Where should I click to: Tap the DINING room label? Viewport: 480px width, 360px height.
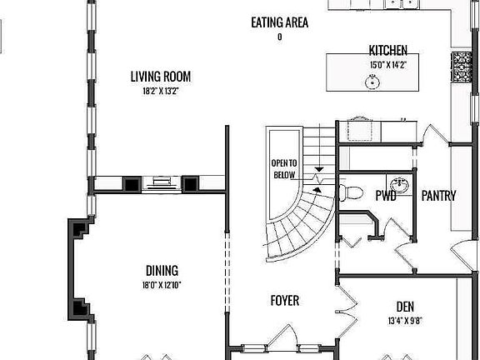tap(162, 271)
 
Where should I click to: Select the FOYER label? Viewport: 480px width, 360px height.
tap(284, 300)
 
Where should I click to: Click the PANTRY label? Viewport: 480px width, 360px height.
tap(437, 197)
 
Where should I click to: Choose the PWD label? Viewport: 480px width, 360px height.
tap(386, 197)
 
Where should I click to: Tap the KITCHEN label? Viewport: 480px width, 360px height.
tap(387, 50)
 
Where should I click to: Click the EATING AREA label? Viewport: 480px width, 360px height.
tap(279, 22)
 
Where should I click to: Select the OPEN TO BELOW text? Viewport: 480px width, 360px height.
tap(284, 168)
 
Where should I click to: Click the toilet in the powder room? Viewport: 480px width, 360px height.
tap(351, 192)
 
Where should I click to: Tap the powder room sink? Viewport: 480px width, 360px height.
tap(399, 185)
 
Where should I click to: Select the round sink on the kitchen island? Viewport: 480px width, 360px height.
tap(372, 82)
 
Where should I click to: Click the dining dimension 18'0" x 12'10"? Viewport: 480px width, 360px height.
tap(162, 285)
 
